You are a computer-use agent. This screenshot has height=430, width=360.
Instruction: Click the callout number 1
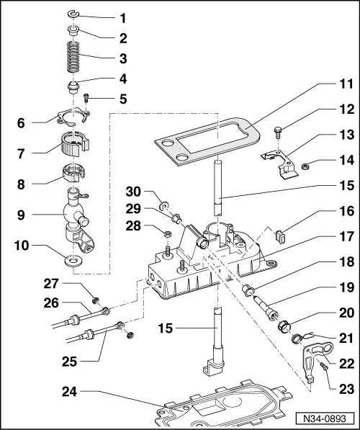[123, 19]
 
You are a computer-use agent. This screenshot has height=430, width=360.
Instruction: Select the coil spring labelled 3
[73, 57]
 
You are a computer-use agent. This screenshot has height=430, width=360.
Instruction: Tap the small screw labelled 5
[86, 98]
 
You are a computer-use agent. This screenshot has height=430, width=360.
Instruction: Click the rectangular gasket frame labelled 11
[207, 141]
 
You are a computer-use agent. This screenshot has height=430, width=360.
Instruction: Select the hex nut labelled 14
[305, 166]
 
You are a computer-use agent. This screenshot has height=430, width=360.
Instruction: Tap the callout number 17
[346, 236]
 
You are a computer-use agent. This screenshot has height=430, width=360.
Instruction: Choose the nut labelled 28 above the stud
[168, 234]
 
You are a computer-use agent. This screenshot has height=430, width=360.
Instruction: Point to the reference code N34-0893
[325, 418]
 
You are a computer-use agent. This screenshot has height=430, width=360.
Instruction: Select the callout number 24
[69, 392]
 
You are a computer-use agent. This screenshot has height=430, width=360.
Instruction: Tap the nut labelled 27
[96, 300]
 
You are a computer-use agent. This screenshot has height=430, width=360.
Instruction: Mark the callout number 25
[69, 362]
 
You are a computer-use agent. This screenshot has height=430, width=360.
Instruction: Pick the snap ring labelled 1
[73, 14]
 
